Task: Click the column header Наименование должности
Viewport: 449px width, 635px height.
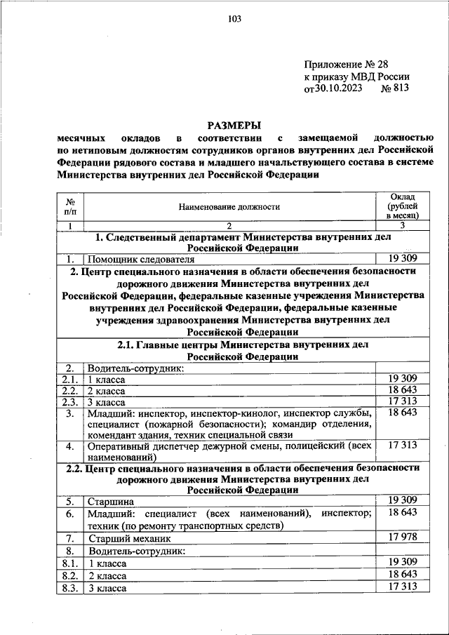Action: pyautogui.click(x=229, y=207)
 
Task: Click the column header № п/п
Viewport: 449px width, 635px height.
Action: pyautogui.click(x=69, y=206)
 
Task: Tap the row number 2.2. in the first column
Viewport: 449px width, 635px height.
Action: pyautogui.click(x=69, y=390)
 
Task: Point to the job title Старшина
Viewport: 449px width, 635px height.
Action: pyautogui.click(x=109, y=502)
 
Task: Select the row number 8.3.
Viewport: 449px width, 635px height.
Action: pyautogui.click(x=69, y=587)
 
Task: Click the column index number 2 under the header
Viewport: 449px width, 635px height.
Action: pyautogui.click(x=229, y=225)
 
